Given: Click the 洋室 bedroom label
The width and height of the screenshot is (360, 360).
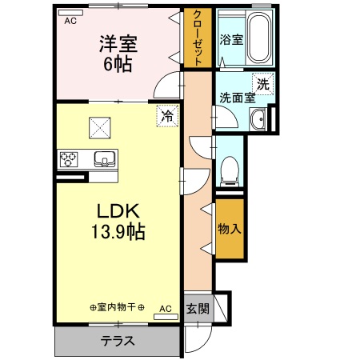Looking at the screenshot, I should point(117,42).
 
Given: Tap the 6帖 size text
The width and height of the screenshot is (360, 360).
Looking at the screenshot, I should point(117,63).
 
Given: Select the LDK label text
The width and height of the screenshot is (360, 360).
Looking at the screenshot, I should point(119,211).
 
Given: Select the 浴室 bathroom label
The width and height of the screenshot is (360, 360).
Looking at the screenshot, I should point(232,38).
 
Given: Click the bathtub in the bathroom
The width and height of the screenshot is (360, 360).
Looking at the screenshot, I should point(259,36).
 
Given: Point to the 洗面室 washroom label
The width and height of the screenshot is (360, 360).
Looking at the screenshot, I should point(238,98).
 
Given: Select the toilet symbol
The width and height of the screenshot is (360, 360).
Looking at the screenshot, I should point(230,169).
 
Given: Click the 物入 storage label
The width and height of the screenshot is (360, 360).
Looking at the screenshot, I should point(229,228).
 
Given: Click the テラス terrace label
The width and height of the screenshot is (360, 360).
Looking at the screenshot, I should point(117,341).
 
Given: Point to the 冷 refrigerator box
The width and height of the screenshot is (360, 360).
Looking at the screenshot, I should point(167,115).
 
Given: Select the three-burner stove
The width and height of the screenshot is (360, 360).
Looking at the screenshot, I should point(68,158).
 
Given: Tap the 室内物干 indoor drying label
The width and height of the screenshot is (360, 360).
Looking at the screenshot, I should point(117,307).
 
